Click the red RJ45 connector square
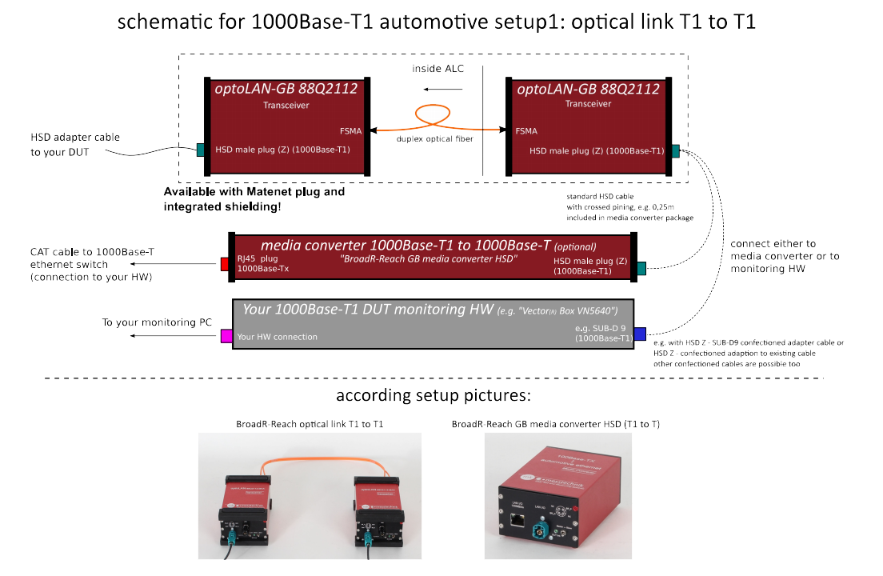point(226,263)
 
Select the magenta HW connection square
point(226,337)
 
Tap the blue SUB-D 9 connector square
point(639,334)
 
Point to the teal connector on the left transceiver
point(201,149)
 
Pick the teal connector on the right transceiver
point(676,150)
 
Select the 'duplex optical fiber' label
point(435,139)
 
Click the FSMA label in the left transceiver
point(351,130)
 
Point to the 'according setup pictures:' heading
point(434,396)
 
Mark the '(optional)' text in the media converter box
point(575,246)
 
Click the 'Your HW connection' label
point(277,337)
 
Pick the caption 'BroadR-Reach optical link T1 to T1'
point(310,424)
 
